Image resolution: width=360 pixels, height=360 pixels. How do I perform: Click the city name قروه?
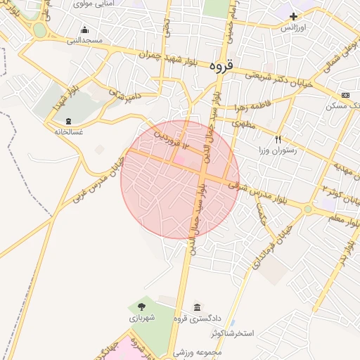pyautogui.click(x=221, y=67)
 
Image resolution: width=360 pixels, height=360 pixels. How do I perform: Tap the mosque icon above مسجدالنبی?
pyautogui.click(x=85, y=30)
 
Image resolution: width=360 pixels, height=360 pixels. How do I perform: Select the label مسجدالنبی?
pyautogui.click(x=84, y=41)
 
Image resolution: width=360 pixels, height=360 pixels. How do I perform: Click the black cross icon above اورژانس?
pyautogui.click(x=293, y=16)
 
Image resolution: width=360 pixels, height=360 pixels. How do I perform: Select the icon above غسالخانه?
pyautogui.click(x=68, y=120)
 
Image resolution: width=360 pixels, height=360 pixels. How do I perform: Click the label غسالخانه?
pyautogui.click(x=68, y=131)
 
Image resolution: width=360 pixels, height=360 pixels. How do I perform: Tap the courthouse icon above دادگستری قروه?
pyautogui.click(x=196, y=307)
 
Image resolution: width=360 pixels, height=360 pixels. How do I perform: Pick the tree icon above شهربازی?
pyautogui.click(x=141, y=307)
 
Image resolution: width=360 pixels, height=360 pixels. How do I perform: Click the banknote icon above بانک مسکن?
pyautogui.click(x=345, y=95)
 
